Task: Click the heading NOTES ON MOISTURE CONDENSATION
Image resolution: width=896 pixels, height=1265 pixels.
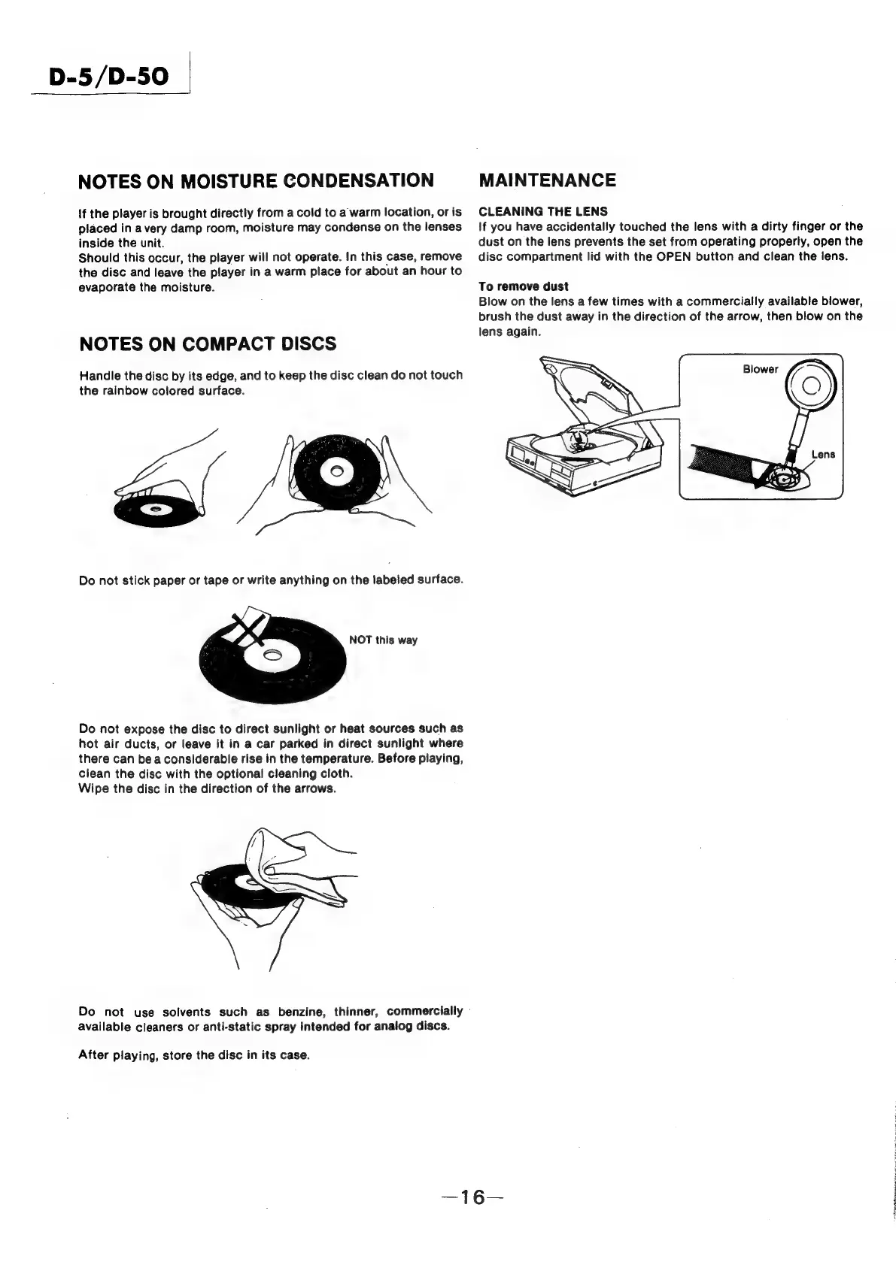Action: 256,180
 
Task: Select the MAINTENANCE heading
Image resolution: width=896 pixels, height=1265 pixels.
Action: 547,180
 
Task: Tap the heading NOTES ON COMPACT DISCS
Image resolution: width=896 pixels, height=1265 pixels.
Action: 208,344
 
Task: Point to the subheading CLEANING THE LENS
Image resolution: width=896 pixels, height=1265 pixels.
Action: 543,211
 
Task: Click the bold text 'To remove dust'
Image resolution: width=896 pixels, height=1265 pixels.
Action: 524,286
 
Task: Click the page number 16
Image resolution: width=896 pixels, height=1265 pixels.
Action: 474,1197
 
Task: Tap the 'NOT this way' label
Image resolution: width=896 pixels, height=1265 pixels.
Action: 383,640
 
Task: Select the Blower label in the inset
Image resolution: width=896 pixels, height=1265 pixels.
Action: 760,370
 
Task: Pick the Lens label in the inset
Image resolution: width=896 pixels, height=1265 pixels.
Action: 823,455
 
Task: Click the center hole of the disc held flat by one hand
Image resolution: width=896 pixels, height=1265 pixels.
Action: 156,510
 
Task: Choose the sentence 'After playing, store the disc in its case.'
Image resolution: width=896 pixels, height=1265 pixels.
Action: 194,1055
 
